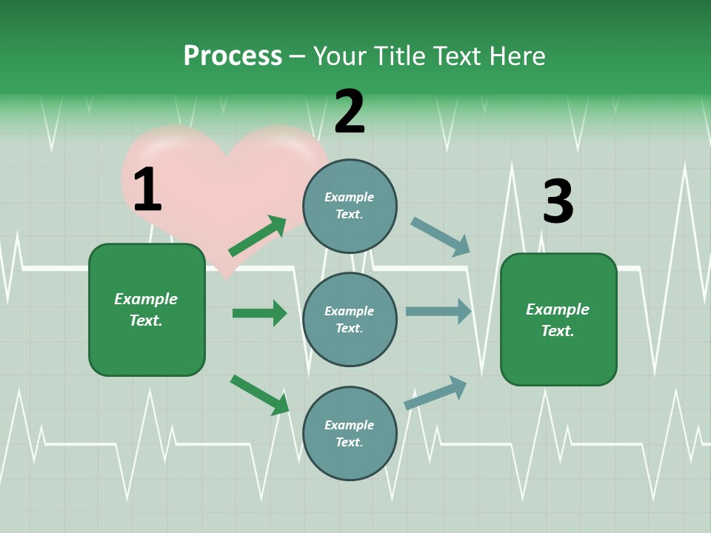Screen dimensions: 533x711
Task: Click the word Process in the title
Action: pyautogui.click(x=233, y=56)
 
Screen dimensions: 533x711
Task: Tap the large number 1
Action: pyautogui.click(x=147, y=190)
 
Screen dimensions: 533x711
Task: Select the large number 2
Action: pyautogui.click(x=350, y=112)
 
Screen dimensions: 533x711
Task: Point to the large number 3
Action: pyautogui.click(x=558, y=201)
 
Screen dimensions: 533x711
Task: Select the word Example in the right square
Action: pyautogui.click(x=558, y=309)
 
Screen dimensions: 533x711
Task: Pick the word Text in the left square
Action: pyautogui.click(x=146, y=321)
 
